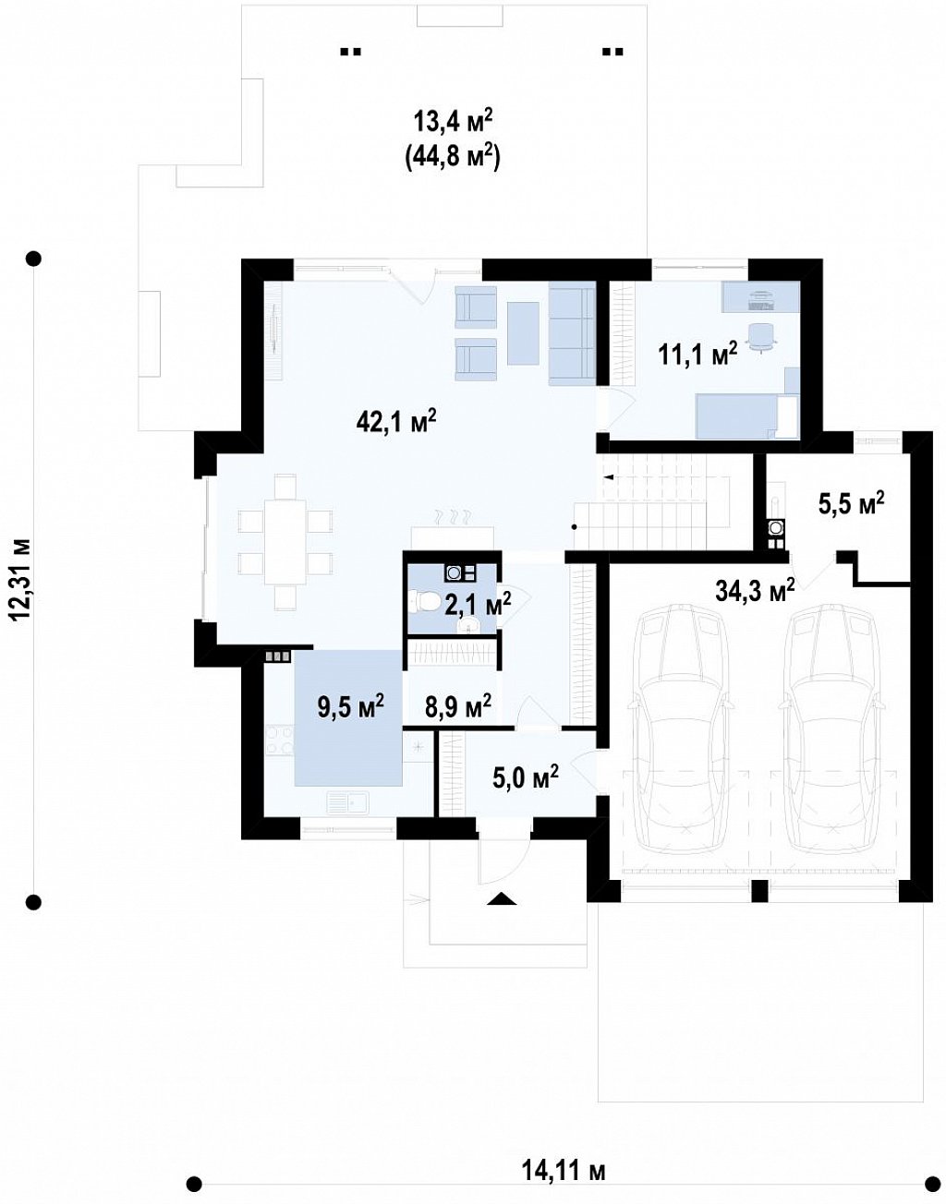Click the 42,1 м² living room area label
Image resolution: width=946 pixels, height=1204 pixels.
(x=396, y=423)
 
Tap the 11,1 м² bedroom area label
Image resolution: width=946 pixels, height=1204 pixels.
(x=697, y=354)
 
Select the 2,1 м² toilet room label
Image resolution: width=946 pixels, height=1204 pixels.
(x=478, y=604)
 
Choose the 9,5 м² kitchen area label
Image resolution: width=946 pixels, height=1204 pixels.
(x=351, y=706)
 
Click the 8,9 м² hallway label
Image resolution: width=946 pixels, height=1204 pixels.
(x=458, y=706)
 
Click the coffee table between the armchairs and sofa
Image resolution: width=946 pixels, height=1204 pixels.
(x=523, y=333)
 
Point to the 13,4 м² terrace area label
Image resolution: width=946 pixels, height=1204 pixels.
(x=453, y=121)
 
